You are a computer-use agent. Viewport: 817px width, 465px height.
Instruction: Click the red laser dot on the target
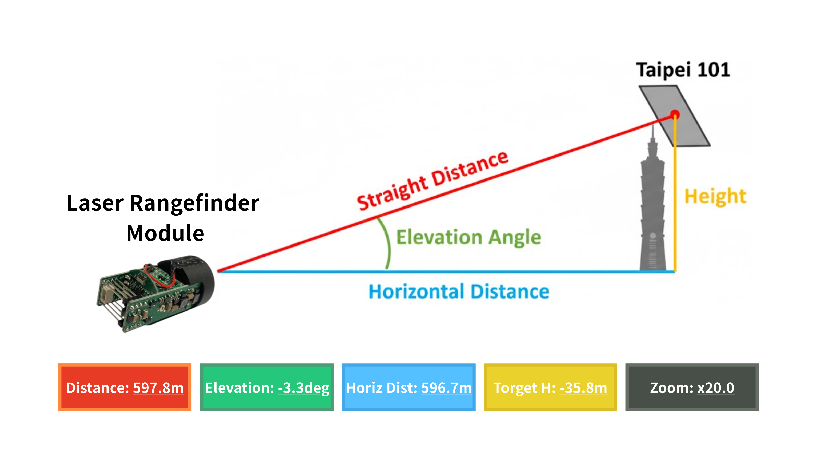[675, 114]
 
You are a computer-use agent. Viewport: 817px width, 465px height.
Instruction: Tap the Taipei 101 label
[683, 70]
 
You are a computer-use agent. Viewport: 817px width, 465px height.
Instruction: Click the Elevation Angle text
[468, 237]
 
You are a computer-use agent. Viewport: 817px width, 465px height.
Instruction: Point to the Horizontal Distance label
[459, 292]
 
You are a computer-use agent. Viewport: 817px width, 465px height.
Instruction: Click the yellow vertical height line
[675, 208]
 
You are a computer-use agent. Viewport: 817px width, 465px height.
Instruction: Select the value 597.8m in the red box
[158, 388]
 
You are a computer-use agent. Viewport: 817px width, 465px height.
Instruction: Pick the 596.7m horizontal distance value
[446, 388]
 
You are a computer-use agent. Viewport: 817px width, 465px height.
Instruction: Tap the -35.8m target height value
[583, 388]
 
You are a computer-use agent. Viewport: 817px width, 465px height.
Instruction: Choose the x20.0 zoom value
[716, 388]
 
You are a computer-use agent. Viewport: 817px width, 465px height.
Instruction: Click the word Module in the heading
[165, 233]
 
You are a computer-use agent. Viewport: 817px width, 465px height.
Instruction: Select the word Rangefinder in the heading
[194, 203]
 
